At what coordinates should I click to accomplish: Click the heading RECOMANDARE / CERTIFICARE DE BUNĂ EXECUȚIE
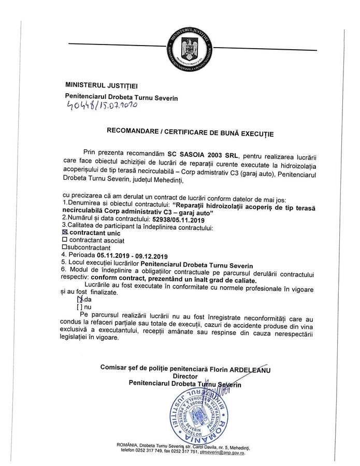point(190,133)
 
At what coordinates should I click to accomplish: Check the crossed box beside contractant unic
point(65,234)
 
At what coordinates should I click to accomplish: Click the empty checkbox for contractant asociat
point(65,240)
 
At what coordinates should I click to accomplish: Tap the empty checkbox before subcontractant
point(64,247)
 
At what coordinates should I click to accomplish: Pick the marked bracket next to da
point(80,299)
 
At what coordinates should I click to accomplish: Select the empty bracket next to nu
point(79,307)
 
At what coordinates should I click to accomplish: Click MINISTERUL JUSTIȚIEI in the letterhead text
point(102,84)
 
